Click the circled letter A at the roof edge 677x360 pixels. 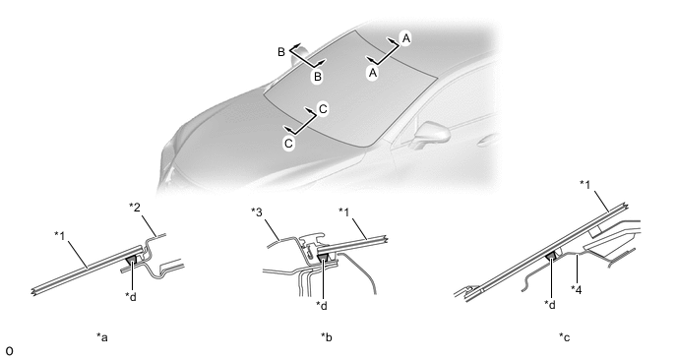(x=405, y=38)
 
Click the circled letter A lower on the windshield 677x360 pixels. (x=373, y=73)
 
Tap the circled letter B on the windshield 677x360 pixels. (x=317, y=77)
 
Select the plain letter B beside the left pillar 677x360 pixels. (x=281, y=52)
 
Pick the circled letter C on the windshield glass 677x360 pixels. (x=324, y=109)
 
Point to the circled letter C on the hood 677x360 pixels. (x=288, y=143)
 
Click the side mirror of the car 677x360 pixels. (x=432, y=135)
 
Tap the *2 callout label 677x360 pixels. (x=135, y=208)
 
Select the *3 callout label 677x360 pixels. (x=257, y=211)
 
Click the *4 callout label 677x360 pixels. (x=576, y=289)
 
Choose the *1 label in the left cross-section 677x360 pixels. (x=60, y=235)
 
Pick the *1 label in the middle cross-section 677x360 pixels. (x=344, y=211)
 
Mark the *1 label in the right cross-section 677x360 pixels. (x=585, y=184)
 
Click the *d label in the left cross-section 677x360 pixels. (x=131, y=296)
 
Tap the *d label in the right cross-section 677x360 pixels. (x=550, y=304)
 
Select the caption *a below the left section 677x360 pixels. (x=102, y=336)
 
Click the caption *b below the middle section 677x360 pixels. (x=327, y=336)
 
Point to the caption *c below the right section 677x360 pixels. (x=564, y=336)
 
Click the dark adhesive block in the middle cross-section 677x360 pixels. (x=323, y=258)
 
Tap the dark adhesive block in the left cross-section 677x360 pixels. (x=131, y=260)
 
